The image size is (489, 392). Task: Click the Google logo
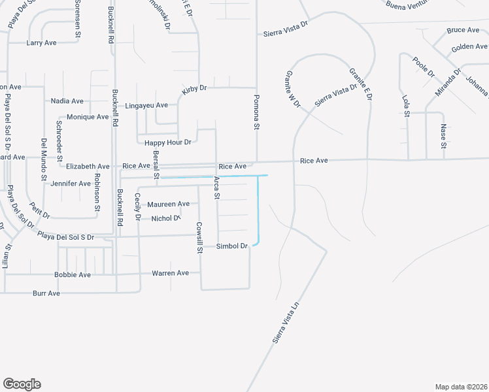pyautogui.click(x=22, y=384)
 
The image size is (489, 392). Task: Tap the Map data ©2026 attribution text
pyautogui.click(x=462, y=387)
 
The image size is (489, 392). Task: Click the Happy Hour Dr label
pyautogui.click(x=168, y=142)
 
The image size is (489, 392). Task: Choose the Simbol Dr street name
pyautogui.click(x=232, y=246)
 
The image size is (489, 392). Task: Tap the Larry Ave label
pyautogui.click(x=41, y=43)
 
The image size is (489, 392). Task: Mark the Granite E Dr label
pyautogui.click(x=360, y=84)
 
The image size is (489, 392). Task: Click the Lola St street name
pyautogui.click(x=406, y=105)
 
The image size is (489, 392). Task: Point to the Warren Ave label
pyautogui.click(x=170, y=273)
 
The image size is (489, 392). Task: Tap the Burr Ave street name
pyautogui.click(x=46, y=294)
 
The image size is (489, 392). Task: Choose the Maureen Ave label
pyautogui.click(x=168, y=204)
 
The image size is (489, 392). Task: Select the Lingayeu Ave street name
pyautogui.click(x=146, y=105)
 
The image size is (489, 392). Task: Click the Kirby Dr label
pyautogui.click(x=194, y=89)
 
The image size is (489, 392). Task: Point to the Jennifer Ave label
pyautogui.click(x=71, y=184)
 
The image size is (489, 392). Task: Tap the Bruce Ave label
pyautogui.click(x=463, y=30)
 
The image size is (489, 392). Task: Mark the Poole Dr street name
pyautogui.click(x=424, y=67)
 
